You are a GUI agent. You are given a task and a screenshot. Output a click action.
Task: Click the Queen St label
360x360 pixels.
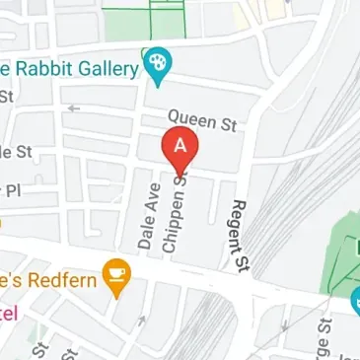(202, 122)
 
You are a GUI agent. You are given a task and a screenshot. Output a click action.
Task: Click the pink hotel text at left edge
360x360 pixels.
(8, 313)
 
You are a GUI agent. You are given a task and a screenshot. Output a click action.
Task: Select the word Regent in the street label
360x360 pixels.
(237, 228)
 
